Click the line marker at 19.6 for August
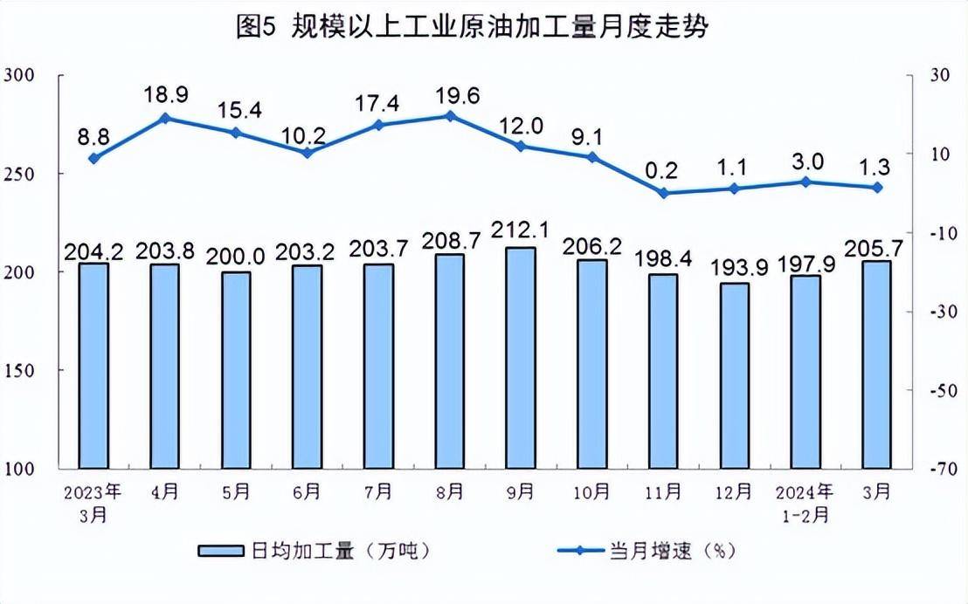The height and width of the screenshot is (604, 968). click(450, 115)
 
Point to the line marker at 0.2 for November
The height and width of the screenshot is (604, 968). click(663, 193)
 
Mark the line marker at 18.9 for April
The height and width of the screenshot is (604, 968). click(164, 118)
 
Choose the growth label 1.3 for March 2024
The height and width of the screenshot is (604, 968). click(877, 165)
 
